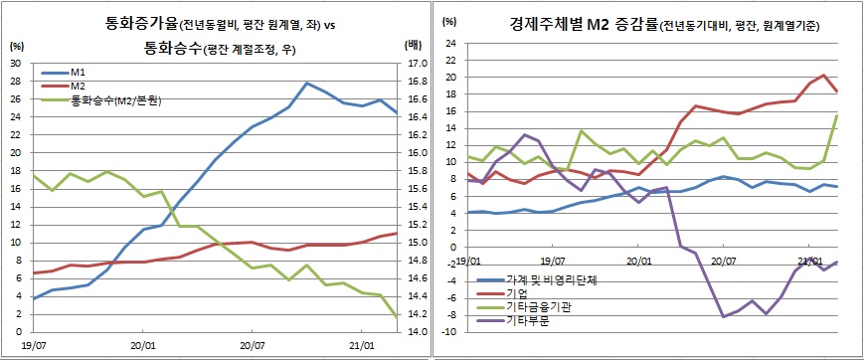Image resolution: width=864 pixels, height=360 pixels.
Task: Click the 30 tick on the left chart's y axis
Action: click(x=16, y=63)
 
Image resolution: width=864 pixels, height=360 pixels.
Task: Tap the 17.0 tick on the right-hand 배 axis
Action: click(x=415, y=63)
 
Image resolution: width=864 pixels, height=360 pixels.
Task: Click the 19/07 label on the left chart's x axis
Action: click(x=34, y=347)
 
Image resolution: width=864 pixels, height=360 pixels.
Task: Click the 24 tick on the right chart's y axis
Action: click(x=450, y=43)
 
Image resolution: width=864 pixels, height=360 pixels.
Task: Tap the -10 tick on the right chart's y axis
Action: click(x=448, y=331)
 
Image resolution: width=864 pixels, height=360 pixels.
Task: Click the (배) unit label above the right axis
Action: click(x=414, y=46)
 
